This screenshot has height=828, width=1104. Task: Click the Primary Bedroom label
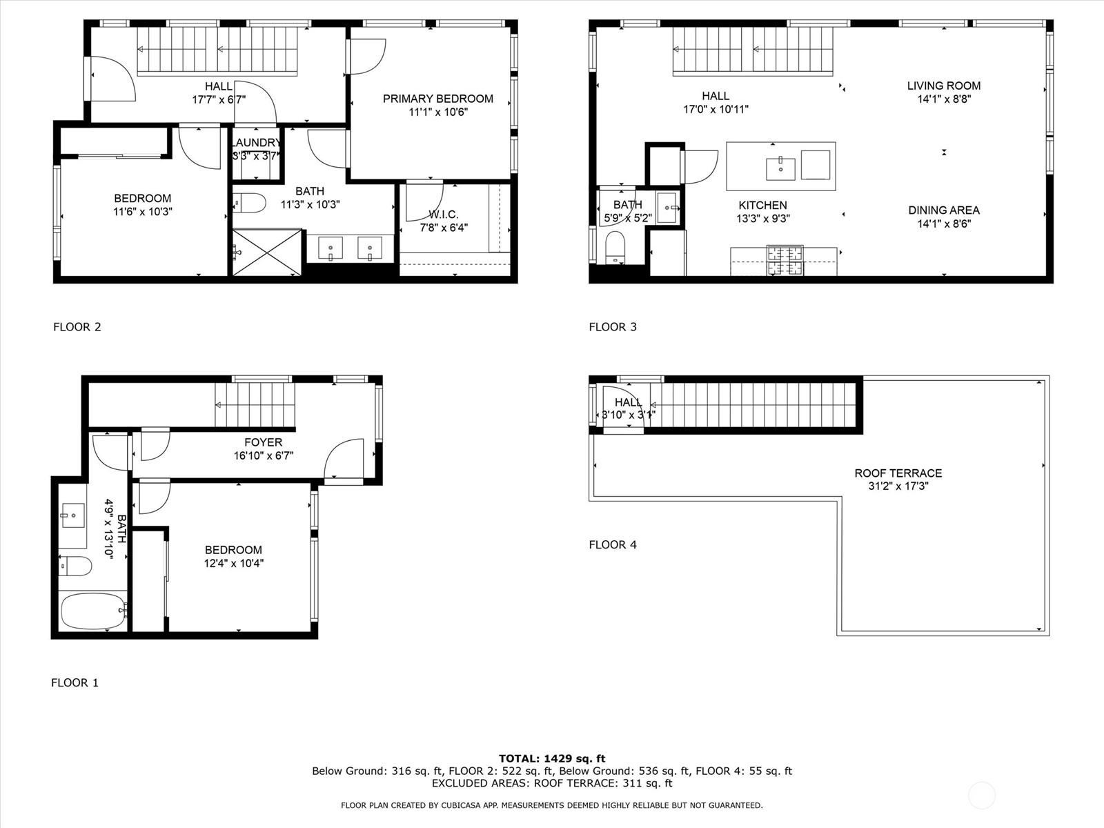(x=438, y=99)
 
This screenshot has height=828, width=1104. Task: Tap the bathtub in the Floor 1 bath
(x=92, y=611)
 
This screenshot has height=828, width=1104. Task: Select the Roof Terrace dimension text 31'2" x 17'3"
(x=898, y=486)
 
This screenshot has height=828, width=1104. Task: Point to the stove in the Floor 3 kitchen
(x=785, y=261)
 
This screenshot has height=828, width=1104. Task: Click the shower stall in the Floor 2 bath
(x=267, y=253)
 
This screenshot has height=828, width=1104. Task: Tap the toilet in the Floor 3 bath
(x=615, y=247)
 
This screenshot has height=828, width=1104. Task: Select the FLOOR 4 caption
(x=613, y=544)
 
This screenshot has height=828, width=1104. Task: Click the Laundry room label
(x=256, y=143)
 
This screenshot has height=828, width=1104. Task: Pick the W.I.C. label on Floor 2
(x=443, y=215)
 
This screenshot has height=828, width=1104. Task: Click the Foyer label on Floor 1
(x=263, y=442)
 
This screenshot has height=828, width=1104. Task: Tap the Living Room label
(x=943, y=86)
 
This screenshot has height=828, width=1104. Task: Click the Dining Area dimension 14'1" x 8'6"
(x=943, y=224)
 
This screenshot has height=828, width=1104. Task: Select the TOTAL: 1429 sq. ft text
(x=552, y=758)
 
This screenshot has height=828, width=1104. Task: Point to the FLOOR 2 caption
(x=77, y=327)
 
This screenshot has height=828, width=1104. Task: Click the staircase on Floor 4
(x=752, y=405)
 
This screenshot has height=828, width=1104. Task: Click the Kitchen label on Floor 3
(x=762, y=205)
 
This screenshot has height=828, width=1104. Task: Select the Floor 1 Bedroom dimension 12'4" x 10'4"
(x=233, y=563)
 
